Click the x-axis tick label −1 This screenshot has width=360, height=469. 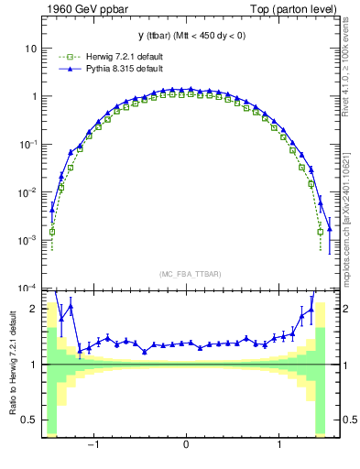[x=93, y=445]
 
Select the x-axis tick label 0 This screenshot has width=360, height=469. [x=186, y=445]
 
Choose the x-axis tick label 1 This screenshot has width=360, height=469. [x=279, y=445]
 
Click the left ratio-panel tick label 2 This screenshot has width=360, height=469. [x=34, y=310]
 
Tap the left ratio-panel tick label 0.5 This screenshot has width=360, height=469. [x=30, y=420]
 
